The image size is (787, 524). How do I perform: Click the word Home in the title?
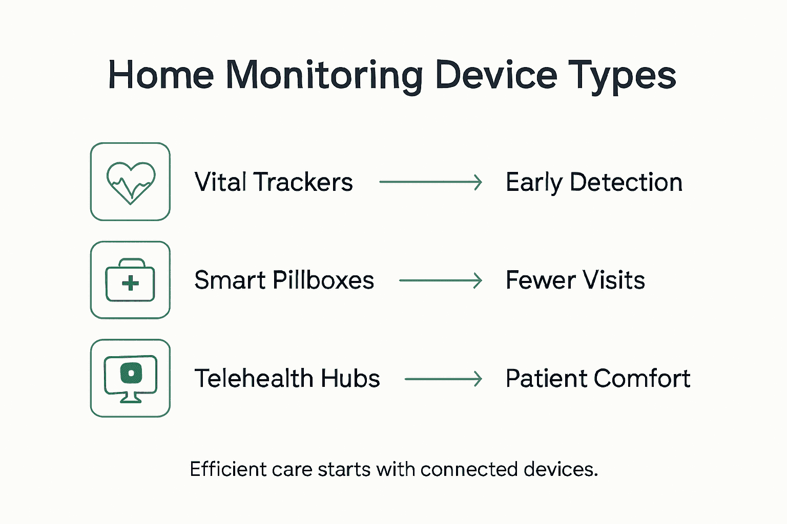(x=160, y=76)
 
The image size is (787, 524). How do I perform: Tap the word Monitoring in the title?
(x=324, y=76)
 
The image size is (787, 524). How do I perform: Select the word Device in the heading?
(x=495, y=76)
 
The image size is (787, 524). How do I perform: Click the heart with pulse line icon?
(x=131, y=182)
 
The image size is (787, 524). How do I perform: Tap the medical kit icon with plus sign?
(x=130, y=280)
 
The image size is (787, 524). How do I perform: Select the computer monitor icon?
(x=130, y=378)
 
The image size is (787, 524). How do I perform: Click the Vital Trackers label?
(x=274, y=182)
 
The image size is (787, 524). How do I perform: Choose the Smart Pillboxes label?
(x=284, y=280)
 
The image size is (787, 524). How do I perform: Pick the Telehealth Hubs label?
(x=287, y=379)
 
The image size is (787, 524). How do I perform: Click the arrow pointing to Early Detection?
(x=430, y=182)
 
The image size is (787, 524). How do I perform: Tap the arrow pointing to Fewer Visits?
(x=441, y=280)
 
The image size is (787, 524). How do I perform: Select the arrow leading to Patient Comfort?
(x=443, y=379)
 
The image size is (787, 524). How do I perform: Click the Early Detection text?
(x=594, y=182)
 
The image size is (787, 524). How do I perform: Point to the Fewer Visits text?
(x=575, y=280)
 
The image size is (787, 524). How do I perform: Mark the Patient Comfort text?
(x=597, y=379)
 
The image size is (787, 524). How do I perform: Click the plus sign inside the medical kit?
(x=131, y=283)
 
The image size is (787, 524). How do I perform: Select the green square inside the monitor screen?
(x=131, y=373)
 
